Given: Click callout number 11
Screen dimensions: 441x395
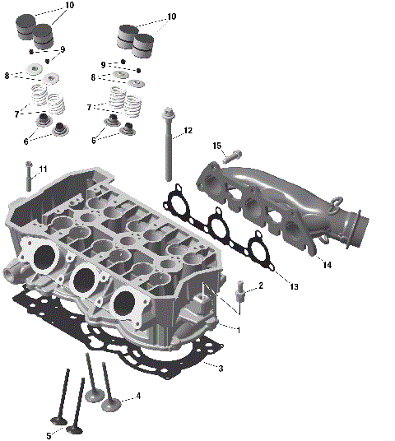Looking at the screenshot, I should (43, 169).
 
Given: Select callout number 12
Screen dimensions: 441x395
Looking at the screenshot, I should (188, 131).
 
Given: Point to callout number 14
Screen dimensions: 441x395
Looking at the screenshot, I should (327, 265).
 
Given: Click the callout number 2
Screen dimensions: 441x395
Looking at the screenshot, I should (261, 286).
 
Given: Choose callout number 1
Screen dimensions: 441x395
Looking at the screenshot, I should (239, 330).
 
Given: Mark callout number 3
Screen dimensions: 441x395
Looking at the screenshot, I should (221, 368).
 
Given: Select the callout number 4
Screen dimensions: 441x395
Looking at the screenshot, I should (138, 396).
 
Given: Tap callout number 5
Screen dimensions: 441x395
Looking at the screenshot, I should (49, 435).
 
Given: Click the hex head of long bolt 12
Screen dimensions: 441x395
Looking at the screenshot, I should (169, 113).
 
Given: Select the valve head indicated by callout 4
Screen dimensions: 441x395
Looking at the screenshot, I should (109, 403).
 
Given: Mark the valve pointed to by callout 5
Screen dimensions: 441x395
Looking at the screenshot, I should (77, 429).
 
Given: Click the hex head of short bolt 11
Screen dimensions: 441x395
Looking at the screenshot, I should (28, 165).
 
